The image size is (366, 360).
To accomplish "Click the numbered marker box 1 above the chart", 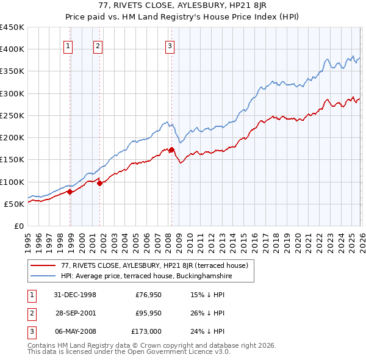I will (68, 45).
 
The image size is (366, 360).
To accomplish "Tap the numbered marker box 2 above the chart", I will (98, 45).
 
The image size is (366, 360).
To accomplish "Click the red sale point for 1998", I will (70, 192).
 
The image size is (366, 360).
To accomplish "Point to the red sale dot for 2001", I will (100, 183).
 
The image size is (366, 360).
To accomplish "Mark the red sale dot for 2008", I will (171, 149).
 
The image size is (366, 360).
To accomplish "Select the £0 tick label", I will (19, 226).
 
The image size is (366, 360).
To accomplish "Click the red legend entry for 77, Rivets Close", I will (154, 265).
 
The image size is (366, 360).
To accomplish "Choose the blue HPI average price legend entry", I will (146, 276).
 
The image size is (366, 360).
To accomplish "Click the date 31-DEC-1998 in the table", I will (75, 295).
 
